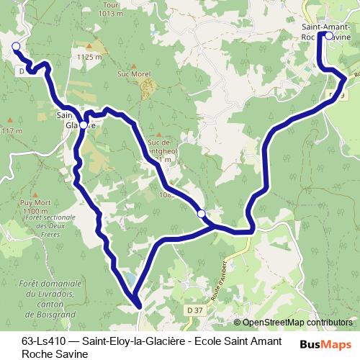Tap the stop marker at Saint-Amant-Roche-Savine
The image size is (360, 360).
pyautogui.click(x=328, y=35)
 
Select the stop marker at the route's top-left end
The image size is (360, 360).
pyautogui.click(x=16, y=46)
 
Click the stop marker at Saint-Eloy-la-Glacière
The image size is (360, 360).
pyautogui.click(x=84, y=125)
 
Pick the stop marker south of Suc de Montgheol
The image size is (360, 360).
pyautogui.click(x=202, y=212)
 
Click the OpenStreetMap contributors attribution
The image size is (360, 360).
pyautogui.click(x=297, y=323)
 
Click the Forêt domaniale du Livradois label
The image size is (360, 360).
pyautogui.click(x=50, y=294)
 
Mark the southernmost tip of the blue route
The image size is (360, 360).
pyautogui.click(x=136, y=306)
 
